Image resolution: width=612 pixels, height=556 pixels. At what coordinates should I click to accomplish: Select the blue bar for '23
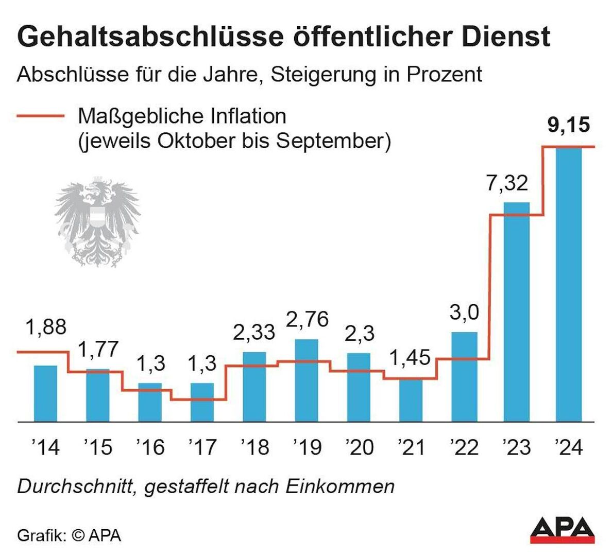(517, 311)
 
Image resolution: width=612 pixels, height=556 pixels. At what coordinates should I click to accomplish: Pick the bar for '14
(45, 393)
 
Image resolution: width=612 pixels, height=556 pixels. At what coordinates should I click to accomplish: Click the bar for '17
(202, 402)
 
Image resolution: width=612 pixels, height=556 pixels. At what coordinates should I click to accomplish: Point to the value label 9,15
(568, 125)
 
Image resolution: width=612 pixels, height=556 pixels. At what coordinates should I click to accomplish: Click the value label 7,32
(507, 183)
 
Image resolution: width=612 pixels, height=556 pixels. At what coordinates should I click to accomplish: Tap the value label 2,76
(307, 320)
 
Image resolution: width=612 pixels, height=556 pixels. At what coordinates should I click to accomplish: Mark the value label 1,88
(45, 327)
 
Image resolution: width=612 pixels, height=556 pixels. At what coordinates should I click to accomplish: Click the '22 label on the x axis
(464, 447)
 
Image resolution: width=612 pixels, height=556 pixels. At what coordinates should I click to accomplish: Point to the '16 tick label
(150, 447)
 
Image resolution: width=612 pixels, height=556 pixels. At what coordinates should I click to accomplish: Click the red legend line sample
(41, 116)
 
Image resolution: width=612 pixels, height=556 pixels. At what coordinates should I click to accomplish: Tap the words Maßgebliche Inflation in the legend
(182, 116)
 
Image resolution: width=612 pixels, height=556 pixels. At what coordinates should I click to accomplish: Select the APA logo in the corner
(563, 529)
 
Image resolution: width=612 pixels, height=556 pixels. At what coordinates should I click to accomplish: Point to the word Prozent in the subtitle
(444, 75)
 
